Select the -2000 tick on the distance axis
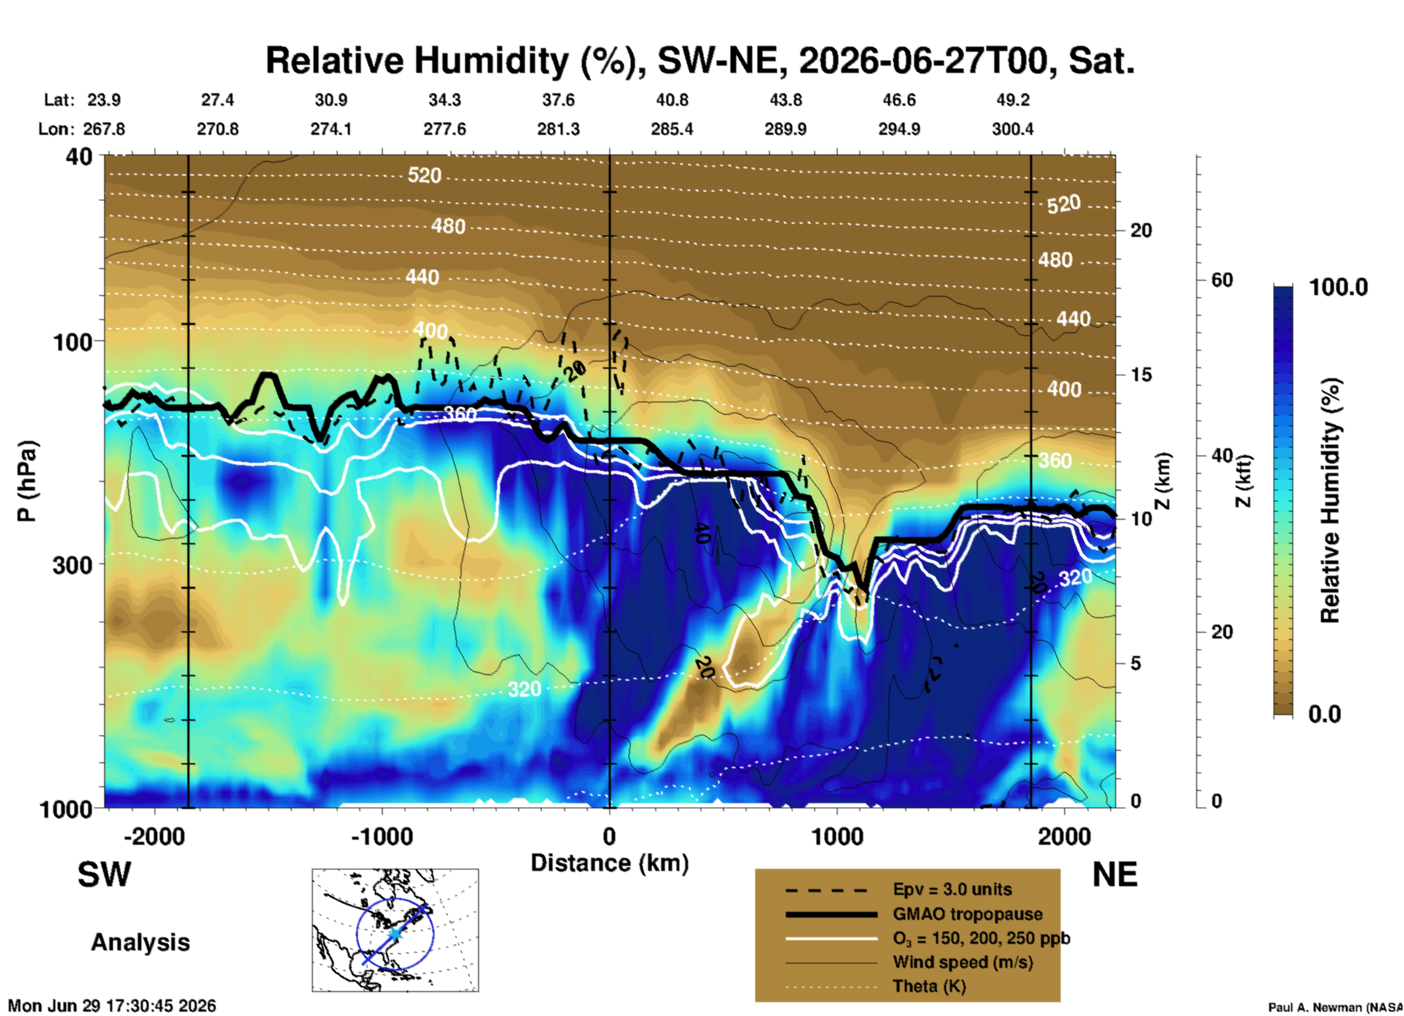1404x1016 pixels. pyautogui.click(x=155, y=837)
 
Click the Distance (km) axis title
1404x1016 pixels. pyautogui.click(x=609, y=864)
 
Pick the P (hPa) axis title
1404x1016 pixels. pyautogui.click(x=27, y=482)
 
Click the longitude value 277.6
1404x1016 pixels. pyautogui.click(x=445, y=130)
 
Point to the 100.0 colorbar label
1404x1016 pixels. pyautogui.click(x=1338, y=287)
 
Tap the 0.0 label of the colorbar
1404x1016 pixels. pyautogui.click(x=1325, y=714)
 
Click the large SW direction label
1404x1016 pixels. pyautogui.click(x=104, y=875)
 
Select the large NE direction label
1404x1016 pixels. pyautogui.click(x=1115, y=875)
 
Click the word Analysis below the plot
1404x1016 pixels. pyautogui.click(x=140, y=942)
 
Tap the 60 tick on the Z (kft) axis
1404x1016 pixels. pyautogui.click(x=1222, y=280)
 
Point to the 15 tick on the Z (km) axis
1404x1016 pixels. pyautogui.click(x=1141, y=375)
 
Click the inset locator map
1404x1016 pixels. pyautogui.click(x=395, y=930)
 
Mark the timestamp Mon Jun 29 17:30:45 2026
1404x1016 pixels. pyautogui.click(x=112, y=1006)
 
